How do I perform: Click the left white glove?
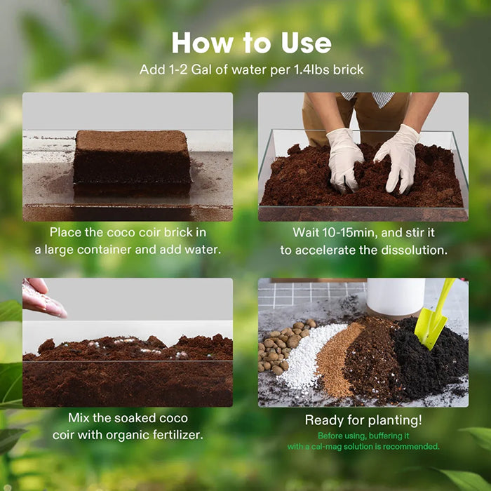pos(345,157)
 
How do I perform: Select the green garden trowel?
pos(433,316)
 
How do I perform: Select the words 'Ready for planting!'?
pos(363,420)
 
